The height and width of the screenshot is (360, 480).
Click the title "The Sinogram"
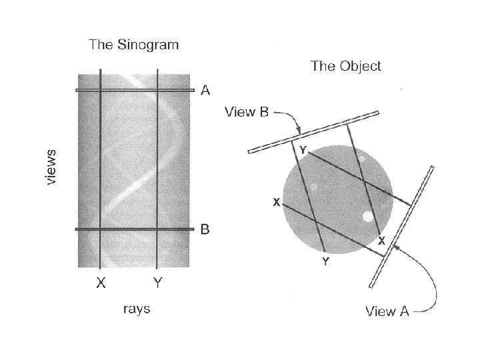pos(135,45)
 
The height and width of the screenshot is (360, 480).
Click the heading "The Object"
pos(346,66)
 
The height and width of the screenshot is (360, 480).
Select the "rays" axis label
pos(136,309)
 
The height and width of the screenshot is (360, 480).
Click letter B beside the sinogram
pos(205,230)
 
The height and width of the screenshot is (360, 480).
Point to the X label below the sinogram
pos(100,283)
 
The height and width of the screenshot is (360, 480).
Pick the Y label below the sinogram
pos(157,283)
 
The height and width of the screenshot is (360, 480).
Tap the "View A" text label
pos(387,311)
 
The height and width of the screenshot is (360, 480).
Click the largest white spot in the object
pos(367,217)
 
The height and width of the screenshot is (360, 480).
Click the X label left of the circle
pos(275,202)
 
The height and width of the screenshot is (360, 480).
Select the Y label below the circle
pos(325,262)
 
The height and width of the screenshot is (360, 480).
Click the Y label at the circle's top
pos(303,151)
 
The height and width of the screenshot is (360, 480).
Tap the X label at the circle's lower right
pos(381,241)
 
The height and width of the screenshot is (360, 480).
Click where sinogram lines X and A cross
pos(100,91)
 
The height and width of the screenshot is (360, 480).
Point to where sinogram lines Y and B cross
pos(157,229)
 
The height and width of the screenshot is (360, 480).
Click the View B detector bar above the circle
pos(313,132)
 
